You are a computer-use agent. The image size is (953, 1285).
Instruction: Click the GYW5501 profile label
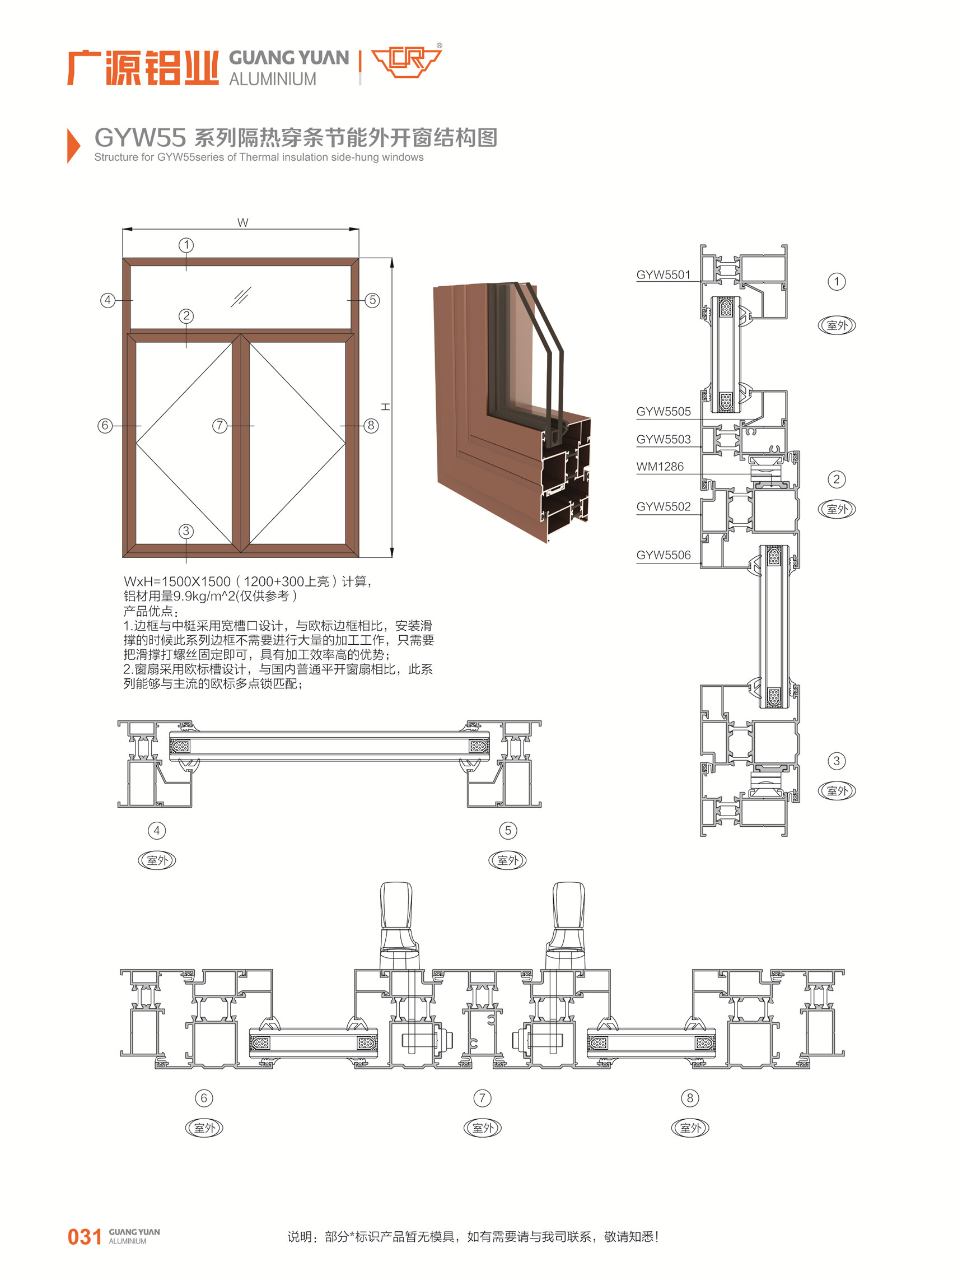(x=663, y=274)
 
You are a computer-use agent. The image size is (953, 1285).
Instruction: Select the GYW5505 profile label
(x=663, y=411)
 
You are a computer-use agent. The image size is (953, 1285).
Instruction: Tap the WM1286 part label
(x=660, y=466)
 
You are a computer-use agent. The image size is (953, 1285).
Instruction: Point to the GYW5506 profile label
(x=663, y=555)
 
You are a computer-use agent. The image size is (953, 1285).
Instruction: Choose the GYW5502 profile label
(x=663, y=506)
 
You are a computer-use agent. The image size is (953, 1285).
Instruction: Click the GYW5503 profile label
(x=663, y=439)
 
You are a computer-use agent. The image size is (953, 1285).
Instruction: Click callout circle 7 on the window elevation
(x=220, y=426)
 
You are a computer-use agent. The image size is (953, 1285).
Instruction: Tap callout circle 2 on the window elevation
(x=186, y=315)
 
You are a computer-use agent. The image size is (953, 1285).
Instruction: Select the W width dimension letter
(x=243, y=223)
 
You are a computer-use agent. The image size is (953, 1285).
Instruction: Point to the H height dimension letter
(x=385, y=407)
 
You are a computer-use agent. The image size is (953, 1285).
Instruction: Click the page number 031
(x=84, y=1236)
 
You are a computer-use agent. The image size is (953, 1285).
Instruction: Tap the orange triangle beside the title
(x=73, y=146)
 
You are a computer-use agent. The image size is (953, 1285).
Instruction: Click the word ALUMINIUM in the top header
(x=272, y=79)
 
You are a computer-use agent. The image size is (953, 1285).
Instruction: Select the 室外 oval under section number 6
(x=204, y=1128)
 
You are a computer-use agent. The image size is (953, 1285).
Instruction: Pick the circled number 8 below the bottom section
(x=690, y=1097)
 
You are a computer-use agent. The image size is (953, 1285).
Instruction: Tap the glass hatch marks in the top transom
(x=241, y=296)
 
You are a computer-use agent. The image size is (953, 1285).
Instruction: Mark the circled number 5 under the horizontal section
(x=508, y=830)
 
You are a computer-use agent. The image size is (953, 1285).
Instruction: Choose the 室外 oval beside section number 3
(x=837, y=790)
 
